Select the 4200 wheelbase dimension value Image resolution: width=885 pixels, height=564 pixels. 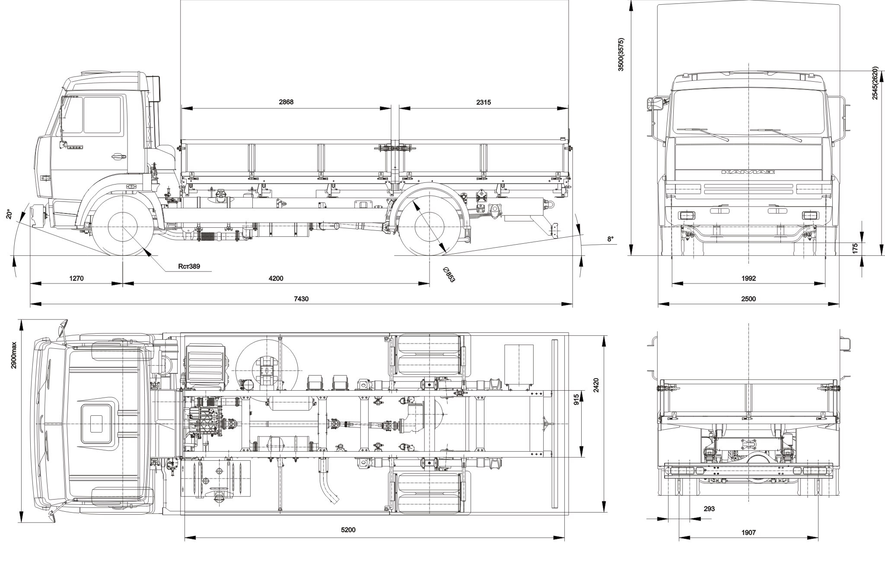tap(276, 278)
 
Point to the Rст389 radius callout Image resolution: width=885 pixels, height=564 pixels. tap(189, 266)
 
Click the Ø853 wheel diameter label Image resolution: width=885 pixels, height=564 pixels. tap(449, 274)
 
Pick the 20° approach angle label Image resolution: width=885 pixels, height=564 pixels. tap(10, 214)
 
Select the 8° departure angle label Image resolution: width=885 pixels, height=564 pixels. tap(610, 239)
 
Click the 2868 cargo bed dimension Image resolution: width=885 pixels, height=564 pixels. tap(286, 102)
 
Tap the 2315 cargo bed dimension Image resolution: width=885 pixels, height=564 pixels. tap(484, 102)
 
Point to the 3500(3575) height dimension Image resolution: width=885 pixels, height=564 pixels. tap(621, 54)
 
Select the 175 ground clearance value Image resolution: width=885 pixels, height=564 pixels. tap(855, 249)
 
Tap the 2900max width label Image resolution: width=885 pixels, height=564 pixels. tap(13, 355)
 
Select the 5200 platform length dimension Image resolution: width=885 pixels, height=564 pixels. tap(348, 530)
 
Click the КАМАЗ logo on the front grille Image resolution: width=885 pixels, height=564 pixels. tap(748, 172)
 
